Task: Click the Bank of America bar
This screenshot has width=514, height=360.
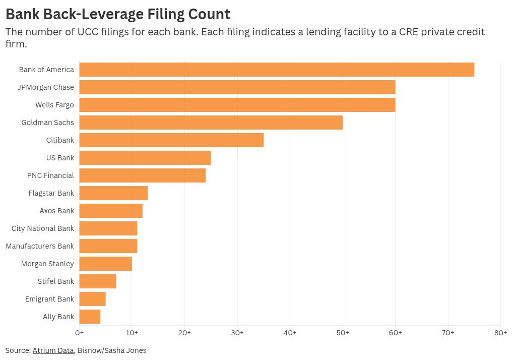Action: [277, 70]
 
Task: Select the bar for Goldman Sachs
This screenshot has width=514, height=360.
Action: [211, 123]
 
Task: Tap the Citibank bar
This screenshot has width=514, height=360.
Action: [171, 140]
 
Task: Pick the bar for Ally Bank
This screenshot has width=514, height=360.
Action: [90, 317]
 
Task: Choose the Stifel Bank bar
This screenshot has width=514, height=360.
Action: [98, 281]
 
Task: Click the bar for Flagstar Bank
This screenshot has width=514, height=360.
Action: [113, 193]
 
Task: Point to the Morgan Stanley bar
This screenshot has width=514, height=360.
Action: [105, 264]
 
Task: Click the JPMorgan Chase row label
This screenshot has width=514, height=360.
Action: [45, 87]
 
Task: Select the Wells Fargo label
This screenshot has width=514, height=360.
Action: [55, 105]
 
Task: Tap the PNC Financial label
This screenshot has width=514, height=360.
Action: [50, 175]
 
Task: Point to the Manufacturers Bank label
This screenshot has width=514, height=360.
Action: [40, 246]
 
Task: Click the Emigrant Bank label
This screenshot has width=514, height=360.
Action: [49, 299]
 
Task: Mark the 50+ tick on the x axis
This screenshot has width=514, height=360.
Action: [343, 333]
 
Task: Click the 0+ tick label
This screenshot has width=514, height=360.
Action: [79, 333]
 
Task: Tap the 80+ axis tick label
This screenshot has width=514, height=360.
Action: [500, 333]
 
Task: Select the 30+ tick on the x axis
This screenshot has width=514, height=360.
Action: [237, 333]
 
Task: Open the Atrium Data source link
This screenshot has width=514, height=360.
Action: [53, 350]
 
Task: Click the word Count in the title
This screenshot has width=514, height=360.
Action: [209, 14]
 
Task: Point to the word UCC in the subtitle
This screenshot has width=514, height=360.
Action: [88, 32]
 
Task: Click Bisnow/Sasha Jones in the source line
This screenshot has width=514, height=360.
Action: [112, 350]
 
